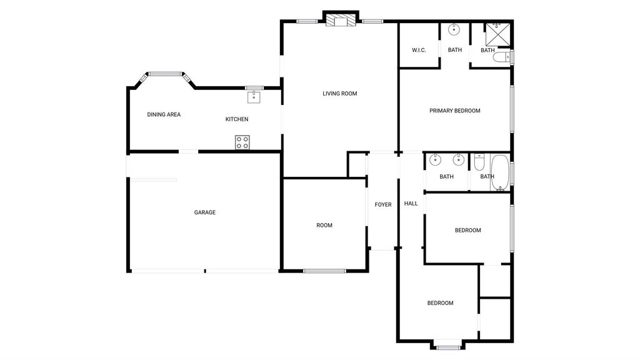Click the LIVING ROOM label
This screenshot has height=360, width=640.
(339, 94)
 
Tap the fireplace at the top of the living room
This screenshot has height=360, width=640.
(341, 21)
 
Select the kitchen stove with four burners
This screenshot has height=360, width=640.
(242, 142)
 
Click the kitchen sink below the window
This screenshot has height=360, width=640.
(254, 97)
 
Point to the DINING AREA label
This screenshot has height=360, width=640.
(164, 115)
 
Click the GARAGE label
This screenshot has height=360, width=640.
(205, 212)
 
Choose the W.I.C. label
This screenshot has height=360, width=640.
(419, 50)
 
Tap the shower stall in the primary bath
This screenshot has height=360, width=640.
(497, 34)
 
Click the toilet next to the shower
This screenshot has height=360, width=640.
(502, 57)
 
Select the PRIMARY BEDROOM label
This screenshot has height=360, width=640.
(455, 111)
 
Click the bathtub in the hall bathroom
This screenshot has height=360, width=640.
(499, 172)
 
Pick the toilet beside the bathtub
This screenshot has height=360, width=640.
(479, 162)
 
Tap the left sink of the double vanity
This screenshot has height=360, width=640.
(436, 159)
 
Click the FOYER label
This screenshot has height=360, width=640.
(383, 205)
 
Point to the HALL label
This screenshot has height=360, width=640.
(411, 203)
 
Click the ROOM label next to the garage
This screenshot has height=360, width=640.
(324, 225)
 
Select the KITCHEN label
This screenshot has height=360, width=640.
(237, 119)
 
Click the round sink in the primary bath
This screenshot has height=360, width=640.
(454, 29)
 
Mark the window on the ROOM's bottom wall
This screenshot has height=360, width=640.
(324, 271)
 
